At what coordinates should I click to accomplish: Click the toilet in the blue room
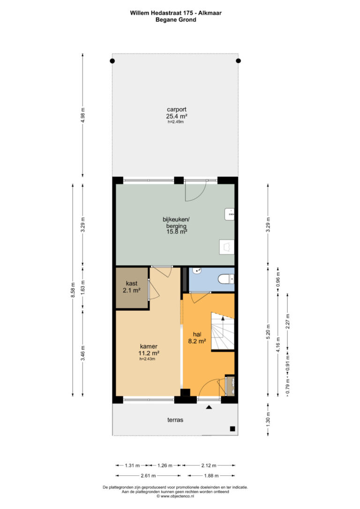click(227, 279)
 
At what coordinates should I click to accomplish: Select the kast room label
click(131, 284)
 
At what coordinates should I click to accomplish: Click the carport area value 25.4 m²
click(177, 116)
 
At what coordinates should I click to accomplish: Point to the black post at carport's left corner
click(112, 61)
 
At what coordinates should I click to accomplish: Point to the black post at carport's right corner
click(238, 61)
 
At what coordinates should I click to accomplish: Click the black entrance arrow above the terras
click(209, 407)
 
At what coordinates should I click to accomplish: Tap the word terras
click(175, 420)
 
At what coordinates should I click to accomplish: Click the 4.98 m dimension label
click(83, 115)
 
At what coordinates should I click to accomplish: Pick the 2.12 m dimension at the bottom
click(209, 465)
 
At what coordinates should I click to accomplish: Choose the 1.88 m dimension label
click(211, 476)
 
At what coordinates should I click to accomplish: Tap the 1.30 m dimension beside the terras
click(268, 420)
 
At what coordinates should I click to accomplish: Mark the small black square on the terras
click(232, 429)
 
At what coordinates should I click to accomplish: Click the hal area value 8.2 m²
click(197, 341)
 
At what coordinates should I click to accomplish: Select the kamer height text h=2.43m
click(147, 359)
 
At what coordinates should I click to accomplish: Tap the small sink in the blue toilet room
click(197, 270)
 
